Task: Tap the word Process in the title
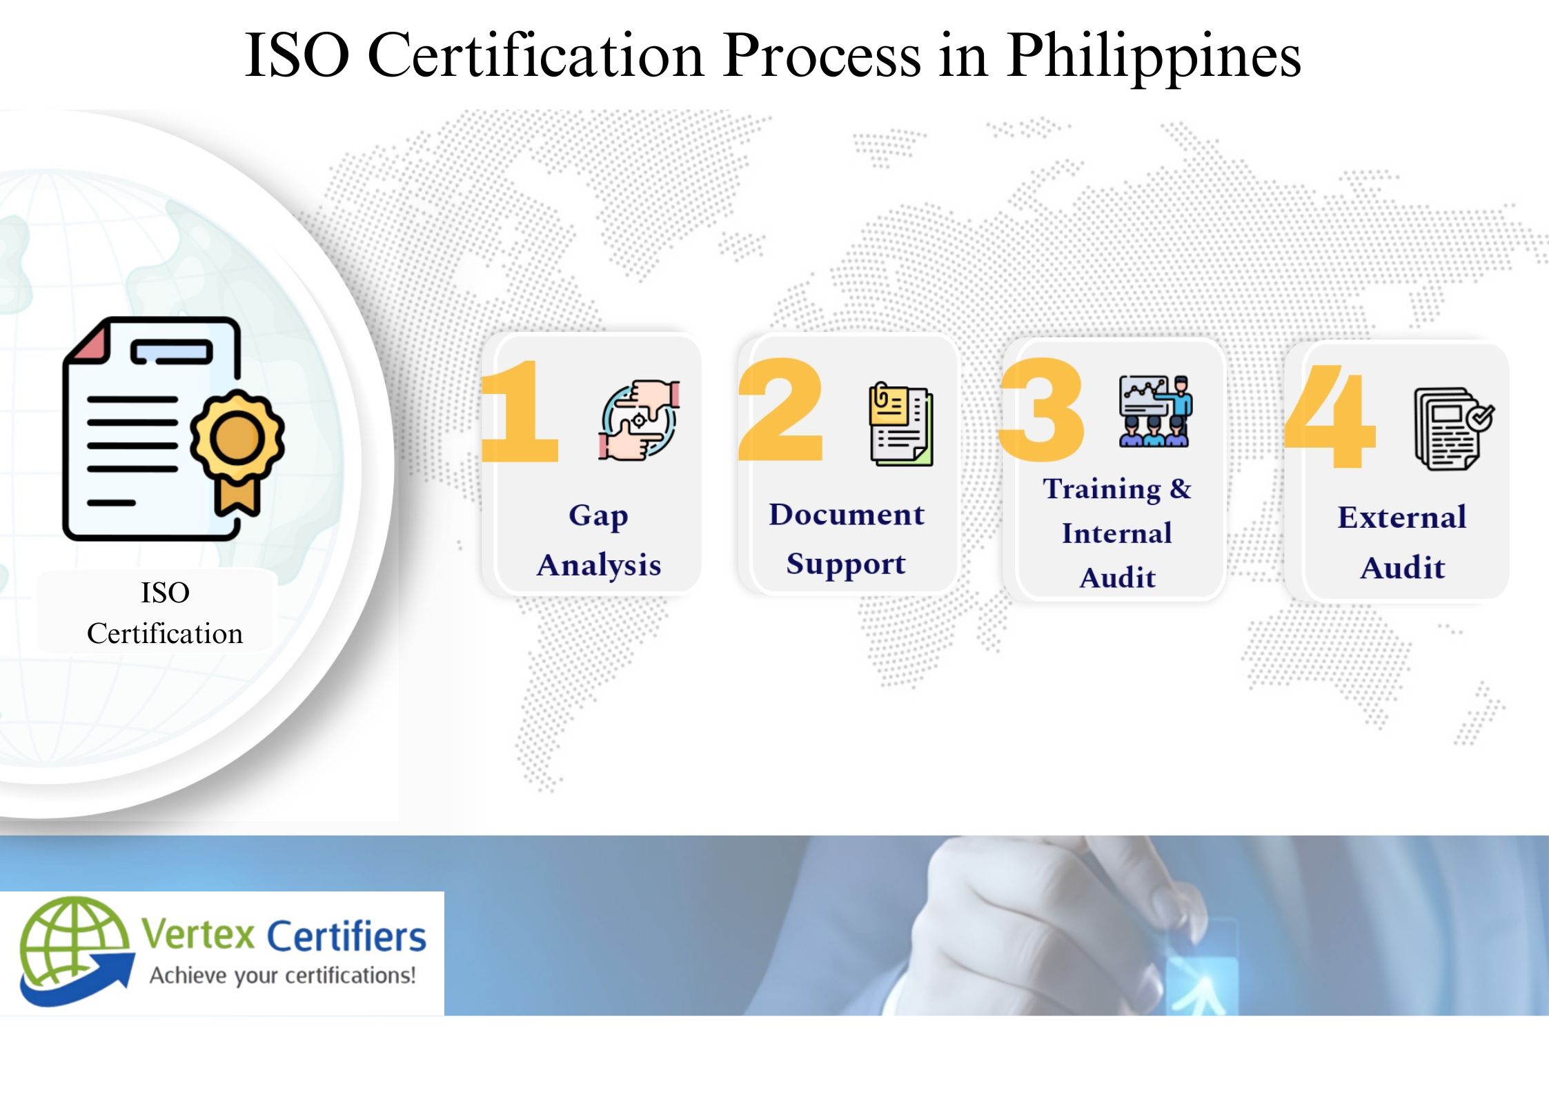822,55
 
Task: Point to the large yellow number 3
1042,410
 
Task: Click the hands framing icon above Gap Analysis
639,420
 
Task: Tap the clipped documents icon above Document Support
901,424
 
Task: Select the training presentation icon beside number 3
1155,411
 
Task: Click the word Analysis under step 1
599,565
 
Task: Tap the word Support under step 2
845,564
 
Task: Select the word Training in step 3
1102,489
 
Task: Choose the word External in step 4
1401,517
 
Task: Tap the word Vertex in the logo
199,936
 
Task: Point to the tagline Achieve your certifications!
283,976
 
